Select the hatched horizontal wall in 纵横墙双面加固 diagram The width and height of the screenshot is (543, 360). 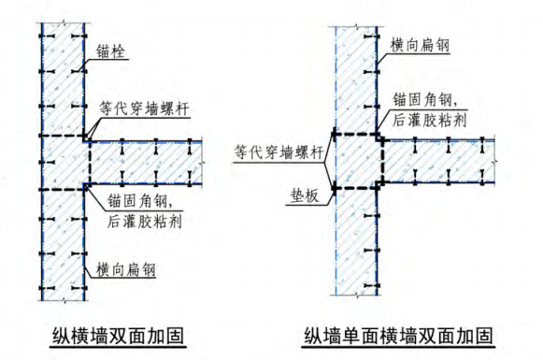tap(150, 165)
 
